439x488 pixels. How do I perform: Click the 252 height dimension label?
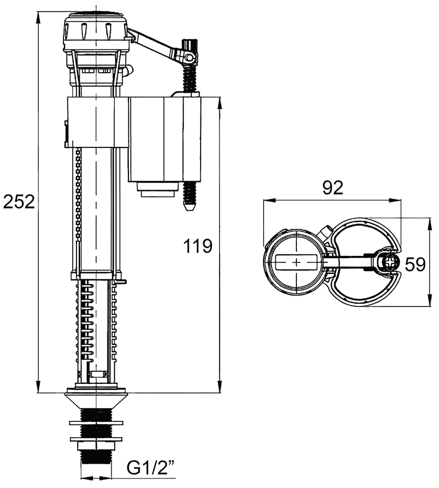click(18, 202)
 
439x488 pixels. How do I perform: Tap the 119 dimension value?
click(198, 246)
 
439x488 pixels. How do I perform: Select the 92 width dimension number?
click(333, 188)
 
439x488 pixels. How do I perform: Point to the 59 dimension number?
click(415, 265)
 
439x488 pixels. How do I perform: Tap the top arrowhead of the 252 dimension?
click(38, 18)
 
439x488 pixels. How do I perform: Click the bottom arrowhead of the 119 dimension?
click(219, 387)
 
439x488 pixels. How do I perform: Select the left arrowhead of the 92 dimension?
click(269, 201)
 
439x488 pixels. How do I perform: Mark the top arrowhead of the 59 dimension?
click(430, 224)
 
